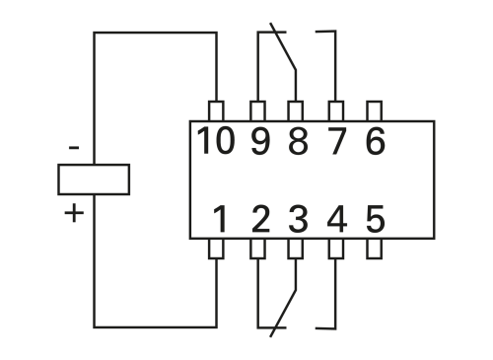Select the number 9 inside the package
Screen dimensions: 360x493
point(258,143)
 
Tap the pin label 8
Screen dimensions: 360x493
point(297,143)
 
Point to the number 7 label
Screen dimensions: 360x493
point(336,143)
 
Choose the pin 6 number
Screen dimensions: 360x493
point(375,143)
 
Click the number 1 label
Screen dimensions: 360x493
point(221,218)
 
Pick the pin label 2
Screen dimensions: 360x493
point(258,218)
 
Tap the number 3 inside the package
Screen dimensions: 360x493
point(297,218)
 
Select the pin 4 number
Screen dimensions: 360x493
point(336,218)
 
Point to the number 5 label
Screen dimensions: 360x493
point(375,218)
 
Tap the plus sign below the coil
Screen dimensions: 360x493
point(74,212)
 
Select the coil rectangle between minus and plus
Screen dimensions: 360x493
point(94,180)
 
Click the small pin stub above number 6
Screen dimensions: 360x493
point(374,110)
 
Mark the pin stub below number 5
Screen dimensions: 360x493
point(374,249)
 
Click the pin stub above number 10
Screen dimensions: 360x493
point(217,110)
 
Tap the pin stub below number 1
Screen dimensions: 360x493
point(217,249)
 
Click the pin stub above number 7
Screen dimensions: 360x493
point(335,110)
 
